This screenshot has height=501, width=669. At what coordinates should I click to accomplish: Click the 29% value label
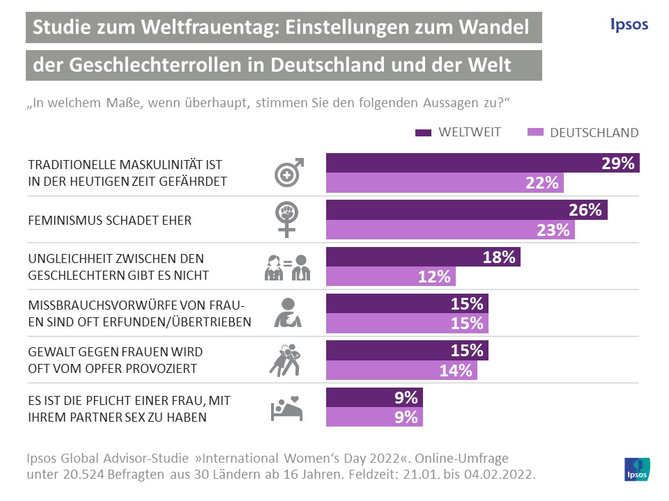[x=617, y=164]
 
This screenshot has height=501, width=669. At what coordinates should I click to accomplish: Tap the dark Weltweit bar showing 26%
[x=467, y=210]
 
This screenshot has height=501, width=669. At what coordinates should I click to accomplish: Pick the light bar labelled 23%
[x=450, y=230]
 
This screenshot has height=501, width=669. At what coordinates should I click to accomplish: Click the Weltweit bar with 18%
[x=423, y=257]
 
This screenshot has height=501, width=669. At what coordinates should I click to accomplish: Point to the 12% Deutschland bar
[x=391, y=276]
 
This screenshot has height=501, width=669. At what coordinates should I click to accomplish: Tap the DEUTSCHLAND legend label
[x=594, y=132]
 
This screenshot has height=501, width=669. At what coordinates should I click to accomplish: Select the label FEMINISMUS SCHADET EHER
[x=109, y=221]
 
